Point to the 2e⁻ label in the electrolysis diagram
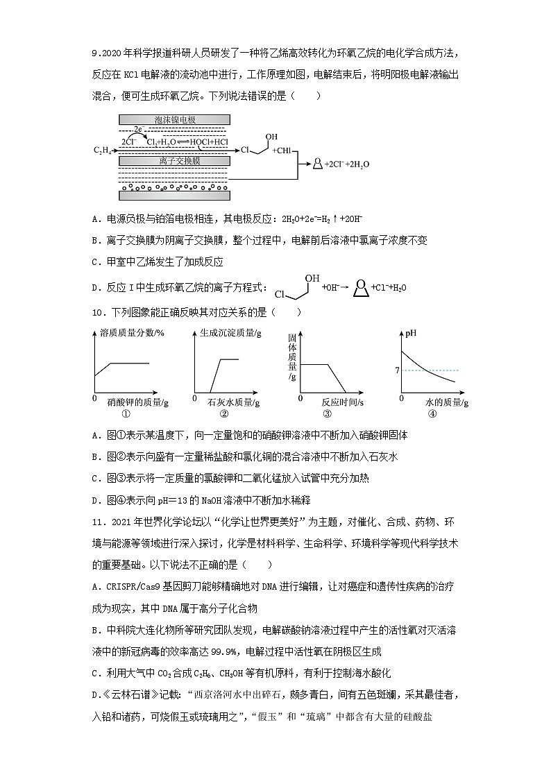tap(139, 129)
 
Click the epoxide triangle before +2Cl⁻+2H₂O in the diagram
tap(318, 164)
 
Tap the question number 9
tap(95, 53)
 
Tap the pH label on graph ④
tap(412, 333)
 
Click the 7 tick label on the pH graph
tap(397, 371)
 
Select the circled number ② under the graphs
tap(223, 415)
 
